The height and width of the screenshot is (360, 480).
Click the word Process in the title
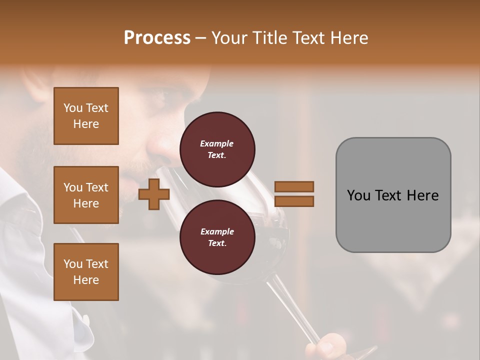click(x=157, y=38)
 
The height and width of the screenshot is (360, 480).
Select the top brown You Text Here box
click(x=86, y=116)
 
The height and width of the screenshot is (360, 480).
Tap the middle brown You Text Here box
click(x=86, y=195)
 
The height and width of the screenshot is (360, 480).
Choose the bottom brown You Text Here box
click(x=86, y=272)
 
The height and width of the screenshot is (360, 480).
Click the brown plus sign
click(x=153, y=194)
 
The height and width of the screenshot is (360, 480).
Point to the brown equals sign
click(x=294, y=194)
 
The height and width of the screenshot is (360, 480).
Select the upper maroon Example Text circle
click(x=217, y=149)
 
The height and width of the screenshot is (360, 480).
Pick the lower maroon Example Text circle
click(x=217, y=237)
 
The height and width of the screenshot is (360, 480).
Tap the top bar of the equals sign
click(x=294, y=186)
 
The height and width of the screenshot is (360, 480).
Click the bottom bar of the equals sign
click(x=294, y=201)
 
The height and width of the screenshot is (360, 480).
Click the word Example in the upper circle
click(x=216, y=143)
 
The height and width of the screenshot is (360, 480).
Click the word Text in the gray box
click(x=390, y=195)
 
